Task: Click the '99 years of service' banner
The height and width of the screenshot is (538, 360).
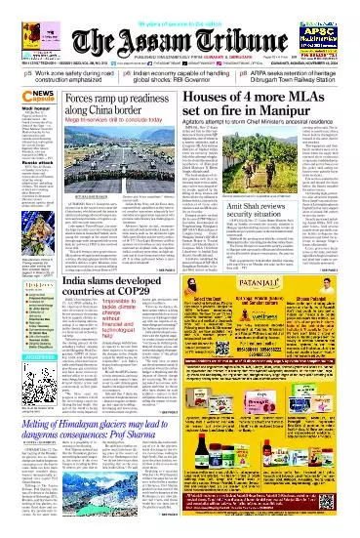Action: tap(180, 6)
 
